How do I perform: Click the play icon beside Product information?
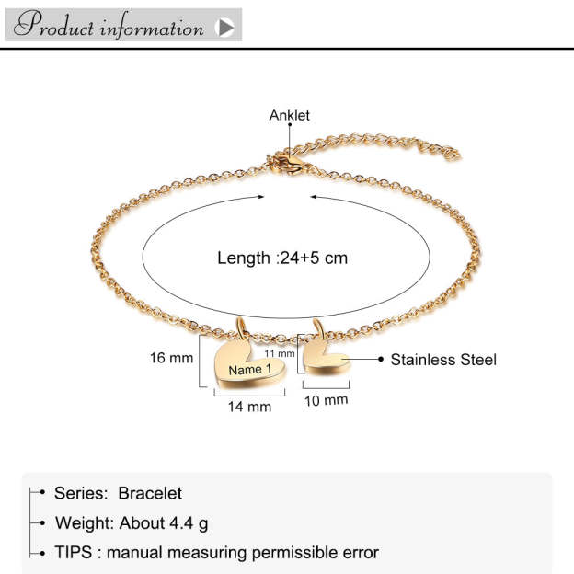point(224,27)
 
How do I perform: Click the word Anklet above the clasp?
point(289,115)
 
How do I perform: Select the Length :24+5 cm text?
point(282,258)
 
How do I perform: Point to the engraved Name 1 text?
point(250,370)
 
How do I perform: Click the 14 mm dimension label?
point(249,406)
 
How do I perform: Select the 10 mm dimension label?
point(326,400)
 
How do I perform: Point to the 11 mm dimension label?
point(280,353)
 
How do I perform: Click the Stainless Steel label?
point(443,360)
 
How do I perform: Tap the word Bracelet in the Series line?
point(150,494)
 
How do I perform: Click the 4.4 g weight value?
point(189,523)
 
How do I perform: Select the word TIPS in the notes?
point(73,553)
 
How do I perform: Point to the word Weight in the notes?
point(85,523)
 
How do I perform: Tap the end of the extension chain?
point(453,154)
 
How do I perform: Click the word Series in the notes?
point(81,494)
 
